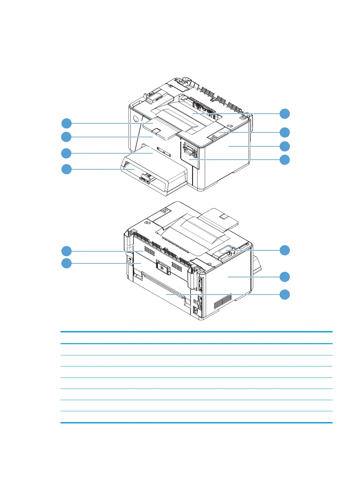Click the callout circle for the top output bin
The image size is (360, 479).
284,114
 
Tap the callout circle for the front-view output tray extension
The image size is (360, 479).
67,123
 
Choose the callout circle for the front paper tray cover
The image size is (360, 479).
67,169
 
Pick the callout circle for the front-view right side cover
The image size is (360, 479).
284,146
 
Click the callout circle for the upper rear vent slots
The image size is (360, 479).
67,251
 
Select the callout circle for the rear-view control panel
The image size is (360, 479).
284,250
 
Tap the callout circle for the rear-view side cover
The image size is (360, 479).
284,277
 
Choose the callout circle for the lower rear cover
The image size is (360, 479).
284,295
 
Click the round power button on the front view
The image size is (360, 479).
135,118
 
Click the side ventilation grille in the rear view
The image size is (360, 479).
223,302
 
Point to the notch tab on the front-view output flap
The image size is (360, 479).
156,130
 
